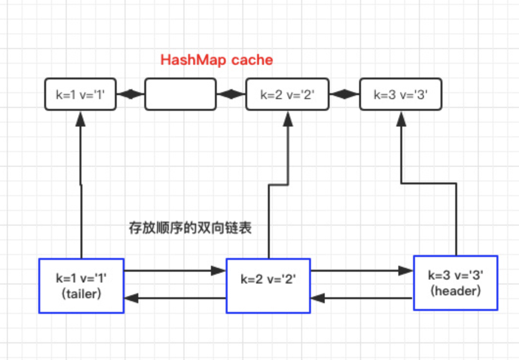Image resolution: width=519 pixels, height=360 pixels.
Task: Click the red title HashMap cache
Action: click(217, 60)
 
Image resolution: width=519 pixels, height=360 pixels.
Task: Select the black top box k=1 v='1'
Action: click(80, 94)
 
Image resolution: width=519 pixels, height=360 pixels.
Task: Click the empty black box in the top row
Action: click(180, 94)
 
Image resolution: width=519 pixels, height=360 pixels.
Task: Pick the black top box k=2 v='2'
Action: click(287, 94)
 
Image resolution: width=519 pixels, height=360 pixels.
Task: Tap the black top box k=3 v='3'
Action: click(400, 94)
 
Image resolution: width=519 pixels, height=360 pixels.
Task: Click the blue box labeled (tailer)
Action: click(81, 285)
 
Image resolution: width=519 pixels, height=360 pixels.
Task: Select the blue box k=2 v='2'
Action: click(268, 285)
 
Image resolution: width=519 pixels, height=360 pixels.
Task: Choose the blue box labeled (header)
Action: click(456, 283)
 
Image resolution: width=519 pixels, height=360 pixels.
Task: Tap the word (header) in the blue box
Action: click(456, 290)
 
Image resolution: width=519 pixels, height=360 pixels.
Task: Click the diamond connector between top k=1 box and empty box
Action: click(130, 94)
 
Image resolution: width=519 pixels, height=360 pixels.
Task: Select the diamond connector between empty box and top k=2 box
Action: click(231, 94)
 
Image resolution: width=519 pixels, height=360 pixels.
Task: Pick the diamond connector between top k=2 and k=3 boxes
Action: click(345, 94)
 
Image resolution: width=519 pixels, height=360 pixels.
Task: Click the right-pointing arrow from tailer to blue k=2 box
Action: click(174, 270)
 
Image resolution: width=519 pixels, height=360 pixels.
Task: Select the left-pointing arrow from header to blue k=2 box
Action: click(362, 297)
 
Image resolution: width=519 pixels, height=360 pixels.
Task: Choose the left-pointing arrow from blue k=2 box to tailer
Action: click(174, 298)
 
